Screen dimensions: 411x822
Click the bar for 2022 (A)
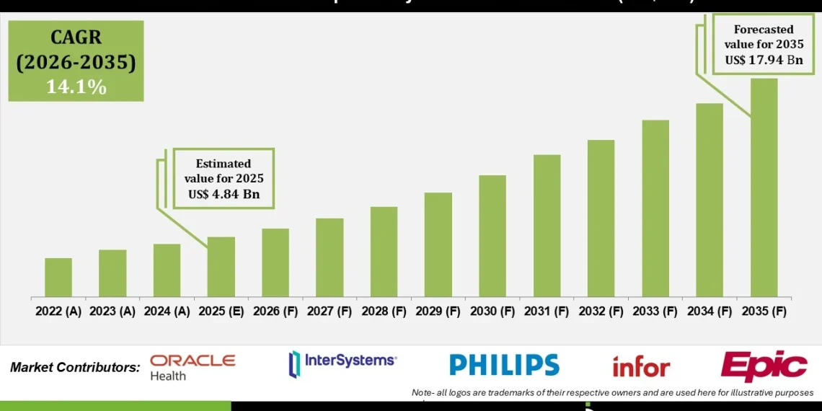(58, 278)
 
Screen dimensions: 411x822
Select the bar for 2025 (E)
(221, 267)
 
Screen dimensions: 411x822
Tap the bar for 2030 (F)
(492, 236)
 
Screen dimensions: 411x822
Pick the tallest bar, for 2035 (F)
(764, 187)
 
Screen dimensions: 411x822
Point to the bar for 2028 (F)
(384, 252)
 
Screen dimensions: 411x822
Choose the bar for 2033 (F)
(655, 208)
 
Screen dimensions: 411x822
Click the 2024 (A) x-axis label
(167, 311)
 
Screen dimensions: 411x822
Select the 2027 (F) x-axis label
(330, 311)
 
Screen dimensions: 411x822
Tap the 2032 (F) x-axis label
(601, 311)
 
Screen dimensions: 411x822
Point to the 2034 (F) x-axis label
(710, 311)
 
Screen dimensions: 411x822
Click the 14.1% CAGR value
(76, 87)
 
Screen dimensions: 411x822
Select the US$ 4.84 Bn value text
(223, 194)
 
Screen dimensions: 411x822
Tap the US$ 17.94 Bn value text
(764, 60)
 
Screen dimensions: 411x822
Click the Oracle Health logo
(192, 366)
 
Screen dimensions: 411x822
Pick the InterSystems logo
(342, 363)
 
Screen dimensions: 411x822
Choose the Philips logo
(504, 365)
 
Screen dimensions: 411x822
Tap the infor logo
(641, 367)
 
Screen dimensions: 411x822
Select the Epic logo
(764, 366)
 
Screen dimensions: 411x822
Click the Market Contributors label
(75, 367)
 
